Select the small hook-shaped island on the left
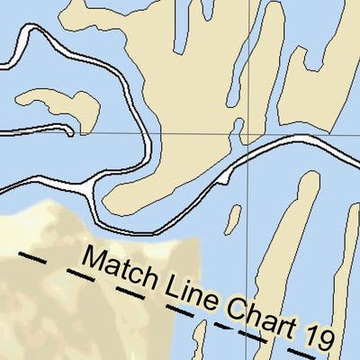pos(63,105)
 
